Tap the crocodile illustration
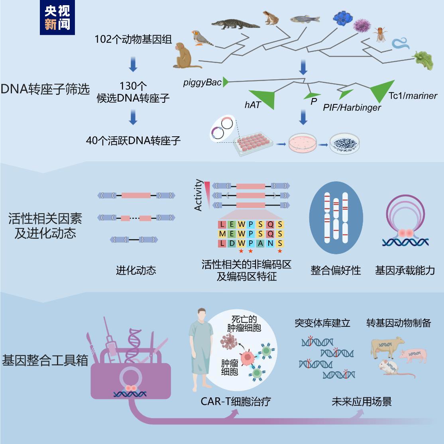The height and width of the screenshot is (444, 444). tap(235, 24)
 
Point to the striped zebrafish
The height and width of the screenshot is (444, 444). tap(305, 19)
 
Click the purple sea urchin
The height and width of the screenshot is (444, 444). tap(362, 25)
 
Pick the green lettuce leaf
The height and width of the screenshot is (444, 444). tap(424, 60)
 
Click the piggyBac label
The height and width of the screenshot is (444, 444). tap(202, 83)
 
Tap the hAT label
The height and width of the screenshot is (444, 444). tap(252, 105)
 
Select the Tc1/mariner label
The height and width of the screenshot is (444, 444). tap(413, 96)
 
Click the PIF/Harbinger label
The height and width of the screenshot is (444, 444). tap(352, 108)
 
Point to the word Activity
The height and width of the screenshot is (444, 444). tap(198, 195)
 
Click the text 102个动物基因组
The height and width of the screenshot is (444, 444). tap(133, 39)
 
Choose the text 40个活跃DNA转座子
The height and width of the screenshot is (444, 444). tap(133, 140)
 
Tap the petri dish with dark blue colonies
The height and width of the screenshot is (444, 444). tap(344, 143)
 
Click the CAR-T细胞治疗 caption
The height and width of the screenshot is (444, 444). tap(236, 401)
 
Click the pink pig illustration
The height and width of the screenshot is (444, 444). tap(413, 356)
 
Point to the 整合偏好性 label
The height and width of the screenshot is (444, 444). tap(336, 270)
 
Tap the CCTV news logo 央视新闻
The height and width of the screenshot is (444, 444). tap(57, 18)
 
